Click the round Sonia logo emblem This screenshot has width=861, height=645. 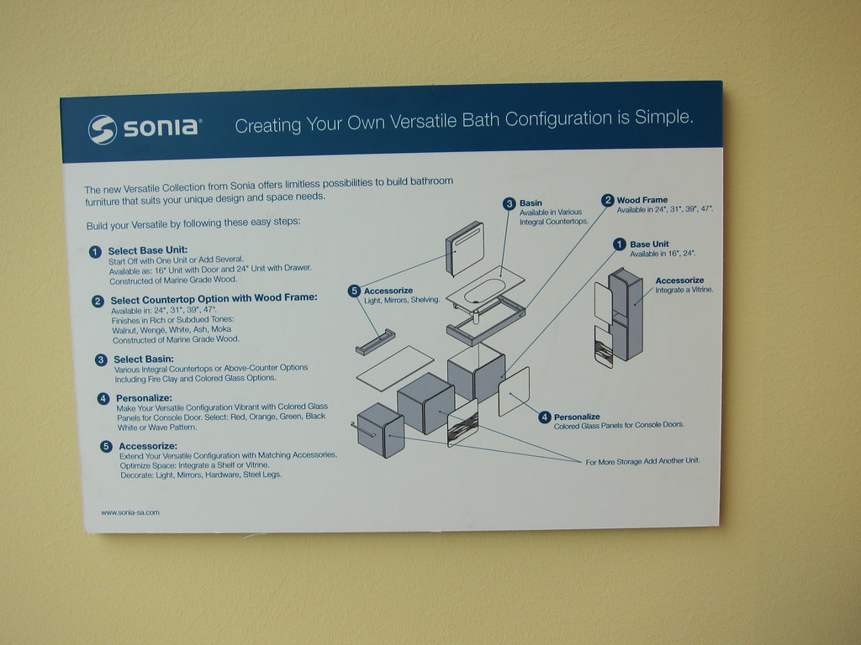[x=103, y=130]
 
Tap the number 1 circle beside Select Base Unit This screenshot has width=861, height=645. [x=95, y=252]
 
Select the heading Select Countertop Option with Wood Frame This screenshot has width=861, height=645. [x=214, y=299]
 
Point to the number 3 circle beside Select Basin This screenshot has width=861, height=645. [x=101, y=359]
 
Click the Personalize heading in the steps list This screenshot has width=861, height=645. [x=144, y=398]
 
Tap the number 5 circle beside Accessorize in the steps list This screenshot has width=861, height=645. [x=106, y=447]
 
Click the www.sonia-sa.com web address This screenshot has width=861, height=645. [x=130, y=512]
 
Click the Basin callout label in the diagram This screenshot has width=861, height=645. [x=531, y=203]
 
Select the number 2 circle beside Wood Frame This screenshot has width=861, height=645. [x=607, y=200]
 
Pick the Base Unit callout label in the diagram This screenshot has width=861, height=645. [x=649, y=244]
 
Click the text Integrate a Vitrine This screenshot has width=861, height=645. [x=684, y=290]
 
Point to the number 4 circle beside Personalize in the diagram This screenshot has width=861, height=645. [x=544, y=417]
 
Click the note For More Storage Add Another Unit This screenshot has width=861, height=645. [x=642, y=461]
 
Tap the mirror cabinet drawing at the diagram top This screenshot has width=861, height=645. [x=464, y=249]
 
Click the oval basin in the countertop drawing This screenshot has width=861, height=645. [x=484, y=290]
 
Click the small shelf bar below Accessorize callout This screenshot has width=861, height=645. [x=375, y=342]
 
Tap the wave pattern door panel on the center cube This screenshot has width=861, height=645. [x=462, y=423]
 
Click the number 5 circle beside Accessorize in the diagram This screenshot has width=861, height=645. [x=354, y=291]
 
